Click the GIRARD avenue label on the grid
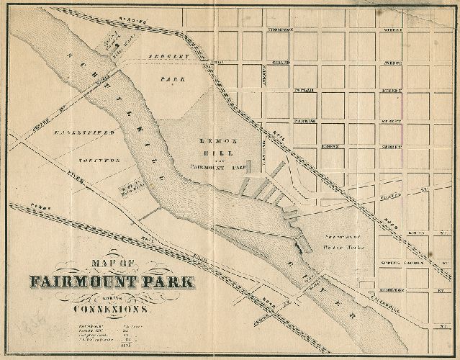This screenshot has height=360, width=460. (281, 63)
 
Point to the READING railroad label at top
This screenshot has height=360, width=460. (137, 21)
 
